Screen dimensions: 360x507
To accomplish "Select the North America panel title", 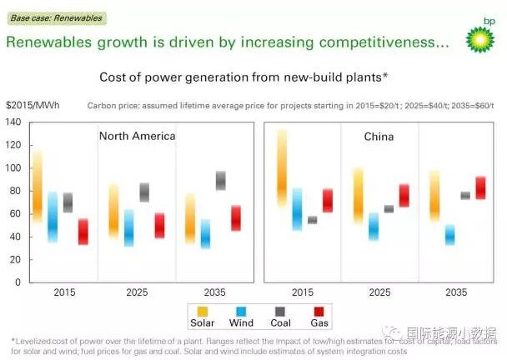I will click(137, 136).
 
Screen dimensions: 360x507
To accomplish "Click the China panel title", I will click(378, 136).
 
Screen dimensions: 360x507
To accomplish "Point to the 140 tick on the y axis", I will click(12, 122).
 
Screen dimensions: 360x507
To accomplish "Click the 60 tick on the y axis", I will click(14, 214).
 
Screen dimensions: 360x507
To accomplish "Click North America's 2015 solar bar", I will click(37, 187).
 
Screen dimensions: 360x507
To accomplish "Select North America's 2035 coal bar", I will click(220, 180).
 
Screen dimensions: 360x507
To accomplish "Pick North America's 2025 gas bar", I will click(159, 225).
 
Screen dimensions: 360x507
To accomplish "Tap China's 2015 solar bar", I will click(282, 168).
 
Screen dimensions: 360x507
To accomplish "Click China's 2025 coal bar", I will click(389, 209).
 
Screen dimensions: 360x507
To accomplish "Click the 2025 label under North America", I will click(137, 293).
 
